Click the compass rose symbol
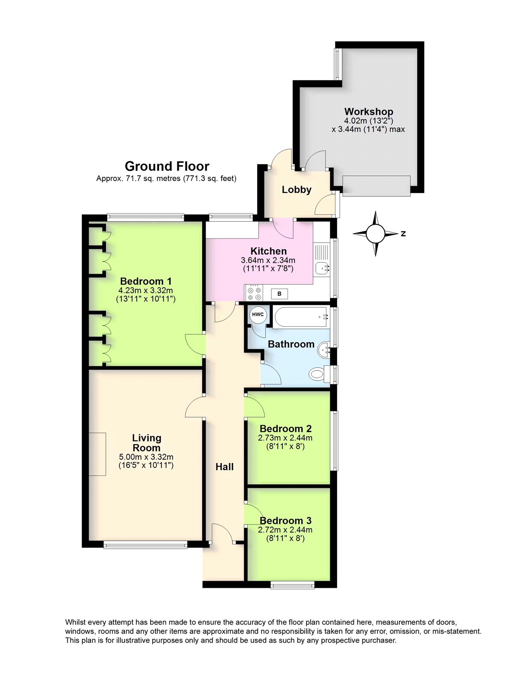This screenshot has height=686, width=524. coord(376,234)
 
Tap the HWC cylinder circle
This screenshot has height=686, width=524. coord(258,314)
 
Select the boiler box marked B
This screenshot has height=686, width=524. coord(279,294)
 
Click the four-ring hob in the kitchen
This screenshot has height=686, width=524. coord(254,294)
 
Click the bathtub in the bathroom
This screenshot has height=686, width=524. coord(300,317)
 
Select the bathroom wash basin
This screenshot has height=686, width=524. coord(324,350)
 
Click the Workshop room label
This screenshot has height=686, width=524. coord(368,112)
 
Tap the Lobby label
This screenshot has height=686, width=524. coord(296,190)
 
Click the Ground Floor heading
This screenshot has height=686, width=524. coord(167,166)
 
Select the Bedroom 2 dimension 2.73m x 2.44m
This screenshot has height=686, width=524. coord(285,438)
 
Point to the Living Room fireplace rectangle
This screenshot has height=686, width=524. coord(97,454)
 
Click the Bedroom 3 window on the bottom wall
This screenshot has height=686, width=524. coord(293,584)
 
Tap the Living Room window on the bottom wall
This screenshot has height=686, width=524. coord(145,545)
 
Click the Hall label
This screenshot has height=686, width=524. coord(225,467)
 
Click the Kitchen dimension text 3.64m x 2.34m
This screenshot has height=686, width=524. coord(268,260)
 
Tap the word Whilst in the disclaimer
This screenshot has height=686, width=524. coord(75,622)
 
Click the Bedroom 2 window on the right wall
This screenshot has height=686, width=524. coord(334,441)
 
